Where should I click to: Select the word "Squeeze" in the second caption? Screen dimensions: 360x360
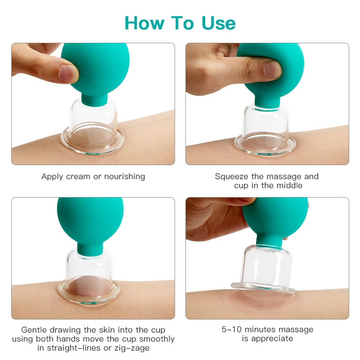(x=231, y=176)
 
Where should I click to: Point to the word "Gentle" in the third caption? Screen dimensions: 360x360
(x=35, y=330)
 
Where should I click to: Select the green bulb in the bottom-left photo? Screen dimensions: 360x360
(x=90, y=220)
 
